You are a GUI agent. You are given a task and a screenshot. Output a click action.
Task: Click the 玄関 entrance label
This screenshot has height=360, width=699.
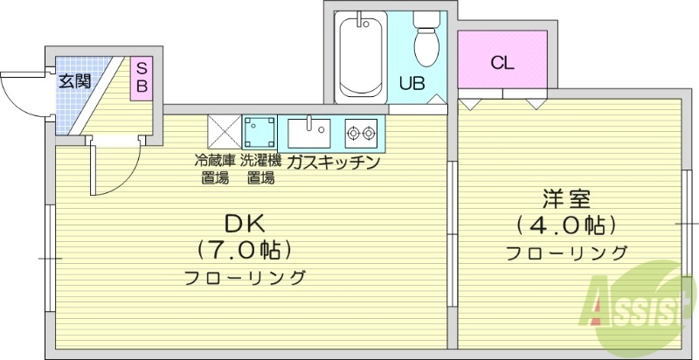(74, 82)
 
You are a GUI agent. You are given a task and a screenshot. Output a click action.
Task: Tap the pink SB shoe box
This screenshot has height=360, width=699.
(141, 79)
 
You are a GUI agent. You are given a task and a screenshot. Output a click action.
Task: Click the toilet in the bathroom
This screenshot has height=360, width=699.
(427, 40)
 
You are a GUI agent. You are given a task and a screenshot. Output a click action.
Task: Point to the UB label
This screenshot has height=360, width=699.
(412, 84)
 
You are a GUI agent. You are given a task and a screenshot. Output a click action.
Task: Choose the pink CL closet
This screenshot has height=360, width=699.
(501, 63)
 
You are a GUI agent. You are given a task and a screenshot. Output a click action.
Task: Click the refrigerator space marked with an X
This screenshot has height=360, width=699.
(224, 133)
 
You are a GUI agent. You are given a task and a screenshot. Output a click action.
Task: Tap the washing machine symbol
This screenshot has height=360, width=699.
(260, 133)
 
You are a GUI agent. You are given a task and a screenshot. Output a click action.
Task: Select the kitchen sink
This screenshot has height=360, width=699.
(308, 133)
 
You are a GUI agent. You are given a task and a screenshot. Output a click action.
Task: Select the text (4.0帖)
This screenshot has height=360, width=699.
(566, 225)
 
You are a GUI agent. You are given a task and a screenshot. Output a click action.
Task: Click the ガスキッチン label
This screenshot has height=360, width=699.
(332, 162)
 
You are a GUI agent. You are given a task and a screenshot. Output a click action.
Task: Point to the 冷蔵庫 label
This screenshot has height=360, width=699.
(215, 161)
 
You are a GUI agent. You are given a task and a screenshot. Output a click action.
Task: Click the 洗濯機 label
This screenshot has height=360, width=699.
(260, 161)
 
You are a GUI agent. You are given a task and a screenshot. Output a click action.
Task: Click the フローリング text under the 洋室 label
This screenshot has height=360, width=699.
(566, 253)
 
